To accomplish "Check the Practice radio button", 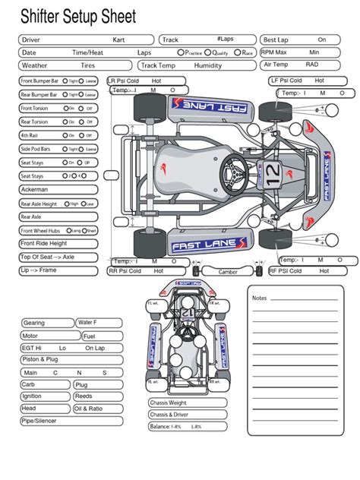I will pyautogui.click(x=180, y=53).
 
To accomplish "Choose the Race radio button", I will pyautogui.click(x=238, y=53).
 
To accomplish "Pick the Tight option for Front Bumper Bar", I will pyautogui.click(x=65, y=80).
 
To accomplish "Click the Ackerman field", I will pyautogui.click(x=58, y=189).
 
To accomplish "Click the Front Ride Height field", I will pyautogui.click(x=58, y=244).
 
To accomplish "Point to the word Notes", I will pyautogui.click(x=260, y=298).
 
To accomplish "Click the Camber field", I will pyautogui.click(x=228, y=270).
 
